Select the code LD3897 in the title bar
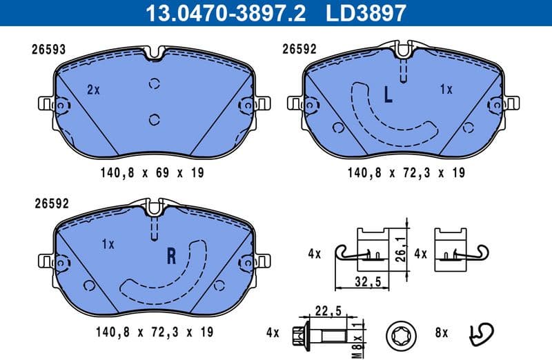point(367,12)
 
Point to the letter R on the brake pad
point(172,257)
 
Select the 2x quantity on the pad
point(94,90)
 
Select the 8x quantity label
point(441,333)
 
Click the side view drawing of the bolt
point(324,334)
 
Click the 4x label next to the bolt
point(272,333)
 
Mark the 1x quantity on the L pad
point(446,90)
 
